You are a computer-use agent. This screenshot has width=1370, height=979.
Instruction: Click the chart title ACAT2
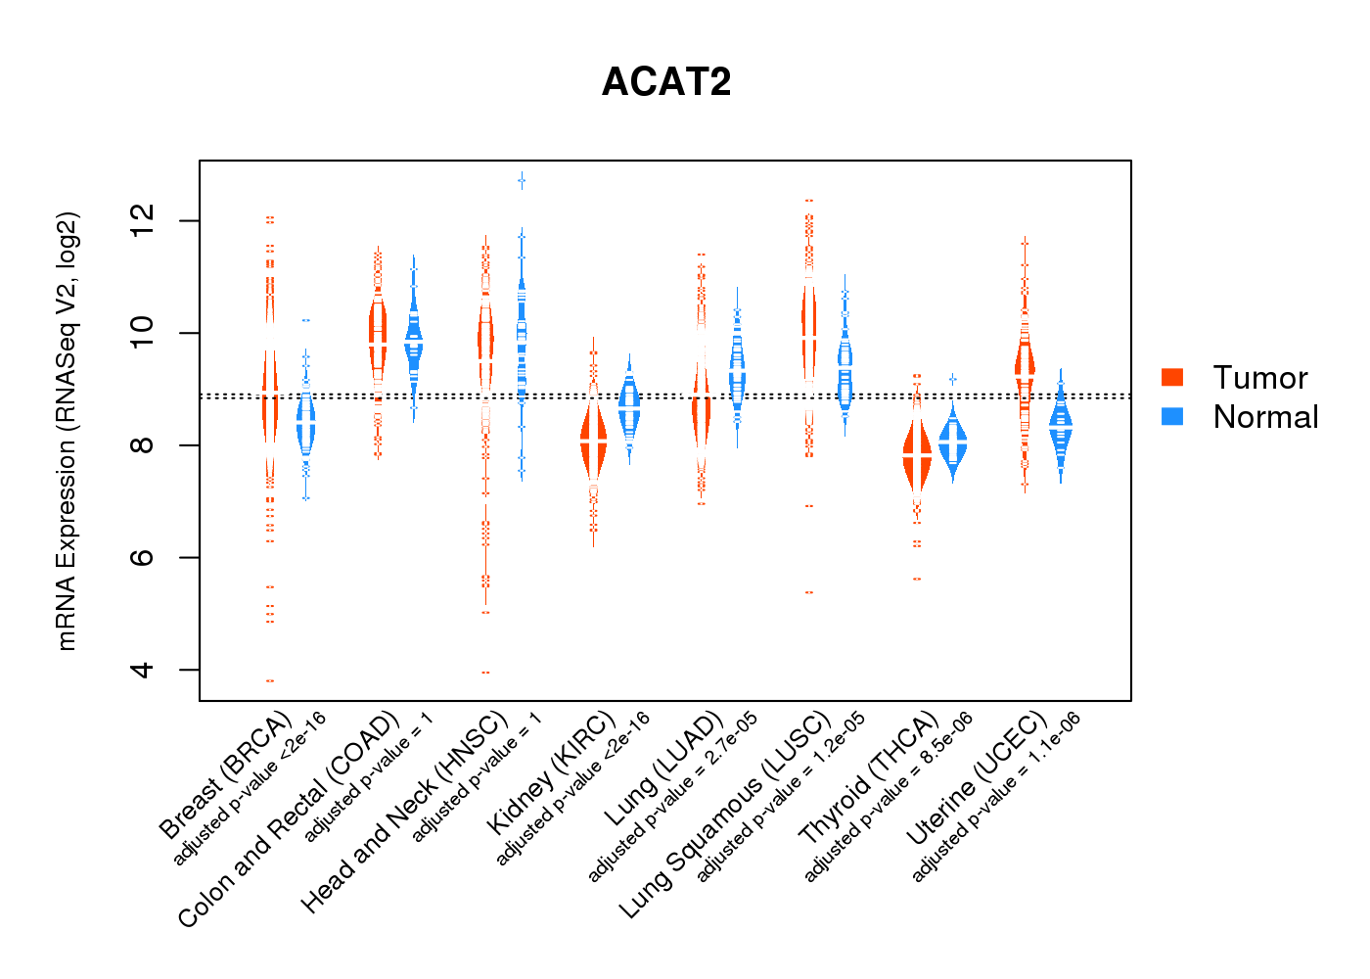666,82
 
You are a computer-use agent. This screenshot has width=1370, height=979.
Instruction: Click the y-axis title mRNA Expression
67,431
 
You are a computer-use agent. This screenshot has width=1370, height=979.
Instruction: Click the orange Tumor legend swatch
1172,378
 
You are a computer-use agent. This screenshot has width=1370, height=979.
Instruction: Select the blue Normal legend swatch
1172,416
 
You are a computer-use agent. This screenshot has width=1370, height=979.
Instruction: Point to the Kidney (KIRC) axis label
551,772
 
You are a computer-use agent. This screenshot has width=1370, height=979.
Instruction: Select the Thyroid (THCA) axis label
869,779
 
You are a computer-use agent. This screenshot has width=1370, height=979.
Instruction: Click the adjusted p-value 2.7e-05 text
672,797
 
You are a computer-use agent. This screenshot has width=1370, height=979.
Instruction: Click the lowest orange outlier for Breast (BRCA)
270,680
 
